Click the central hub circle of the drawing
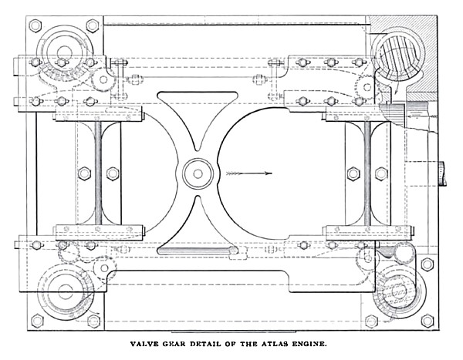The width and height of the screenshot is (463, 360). click(198, 173)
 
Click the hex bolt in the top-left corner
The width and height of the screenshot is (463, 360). click(35, 25)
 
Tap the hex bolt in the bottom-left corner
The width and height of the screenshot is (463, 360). click(35, 321)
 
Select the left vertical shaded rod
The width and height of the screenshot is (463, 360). click(98, 173)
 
